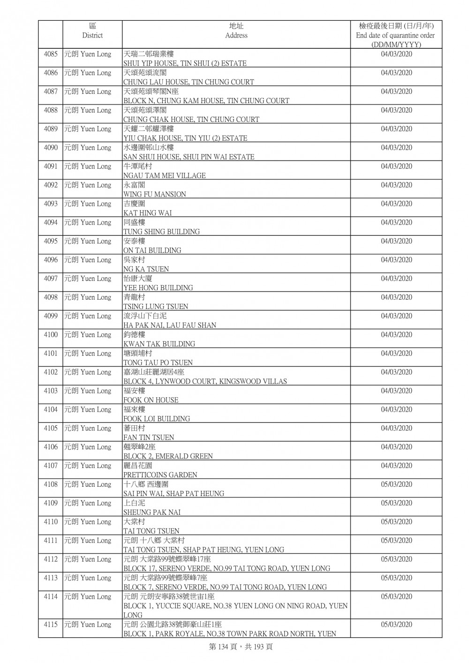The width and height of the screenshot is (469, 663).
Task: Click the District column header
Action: tap(92, 31)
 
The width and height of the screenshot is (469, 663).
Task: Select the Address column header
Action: tap(236, 31)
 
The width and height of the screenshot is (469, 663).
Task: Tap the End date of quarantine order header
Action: tap(395, 35)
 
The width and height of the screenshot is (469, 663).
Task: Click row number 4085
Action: tap(51, 54)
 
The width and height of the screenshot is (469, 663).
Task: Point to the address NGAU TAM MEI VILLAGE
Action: tap(164, 175)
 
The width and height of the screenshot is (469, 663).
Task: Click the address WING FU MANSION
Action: tap(155, 194)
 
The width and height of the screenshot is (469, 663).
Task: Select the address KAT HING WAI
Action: tap(147, 213)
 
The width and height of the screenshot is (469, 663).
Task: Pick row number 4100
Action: tap(51, 335)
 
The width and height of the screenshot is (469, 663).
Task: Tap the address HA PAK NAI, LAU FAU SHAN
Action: tap(170, 325)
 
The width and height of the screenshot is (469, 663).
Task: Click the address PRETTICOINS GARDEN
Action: tap(160, 475)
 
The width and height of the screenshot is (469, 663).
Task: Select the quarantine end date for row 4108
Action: tap(396, 484)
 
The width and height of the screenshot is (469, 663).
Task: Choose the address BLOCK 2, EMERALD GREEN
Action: tap(168, 456)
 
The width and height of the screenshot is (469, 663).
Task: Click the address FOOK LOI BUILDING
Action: tap(157, 419)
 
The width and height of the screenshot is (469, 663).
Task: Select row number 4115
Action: tap(51, 625)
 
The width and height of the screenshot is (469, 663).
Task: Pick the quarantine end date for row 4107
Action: tap(396, 466)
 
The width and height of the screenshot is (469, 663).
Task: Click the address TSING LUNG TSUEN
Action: tap(156, 307)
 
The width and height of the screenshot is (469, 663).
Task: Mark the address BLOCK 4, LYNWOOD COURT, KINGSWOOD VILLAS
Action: tap(205, 381)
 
